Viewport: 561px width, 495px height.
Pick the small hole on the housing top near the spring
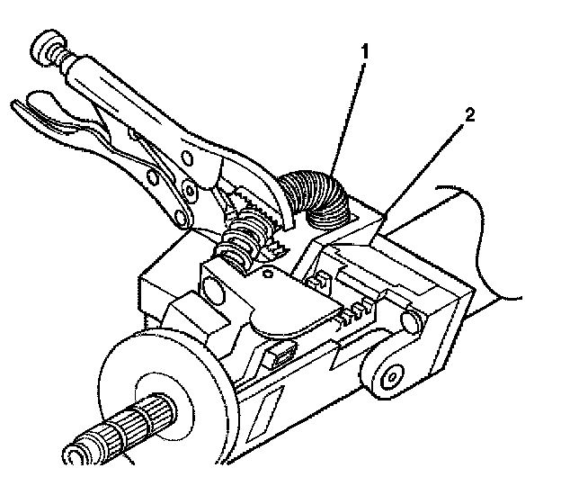coord(270,269)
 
